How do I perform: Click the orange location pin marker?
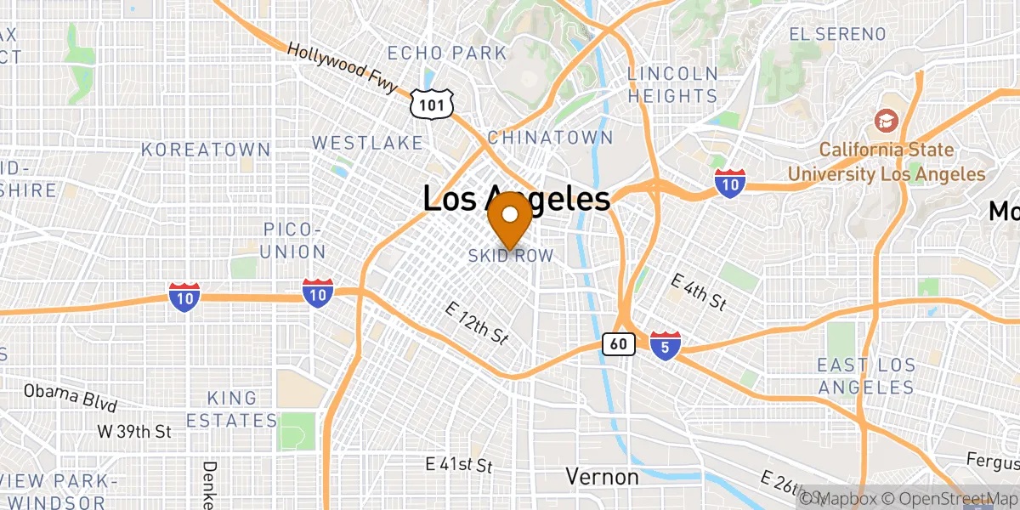click(510, 218)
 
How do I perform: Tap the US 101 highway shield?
click(431, 105)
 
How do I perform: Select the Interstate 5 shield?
click(665, 345)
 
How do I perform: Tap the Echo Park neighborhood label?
click(447, 53)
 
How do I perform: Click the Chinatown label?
click(550, 138)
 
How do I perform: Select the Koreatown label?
click(206, 150)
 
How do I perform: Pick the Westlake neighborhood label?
click(367, 142)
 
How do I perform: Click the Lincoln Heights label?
click(672, 85)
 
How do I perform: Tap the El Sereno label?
click(837, 35)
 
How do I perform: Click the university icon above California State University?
click(886, 122)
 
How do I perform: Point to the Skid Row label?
click(511, 256)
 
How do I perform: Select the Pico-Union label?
click(293, 241)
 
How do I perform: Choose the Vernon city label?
click(602, 477)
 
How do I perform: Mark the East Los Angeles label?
click(865, 377)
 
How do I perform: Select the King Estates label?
click(232, 409)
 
